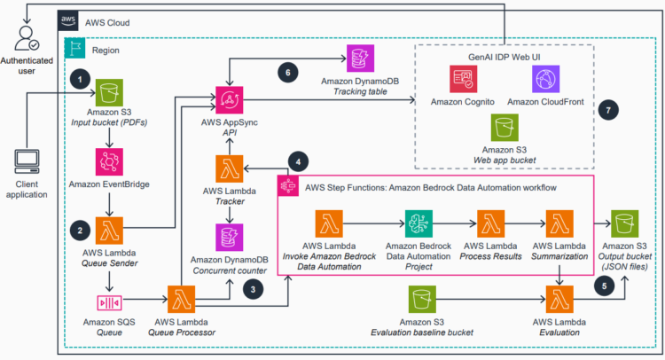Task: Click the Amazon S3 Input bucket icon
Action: [109, 92]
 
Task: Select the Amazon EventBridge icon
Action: [109, 163]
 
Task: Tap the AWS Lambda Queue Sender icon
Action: [109, 229]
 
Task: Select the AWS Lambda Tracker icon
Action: [231, 168]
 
